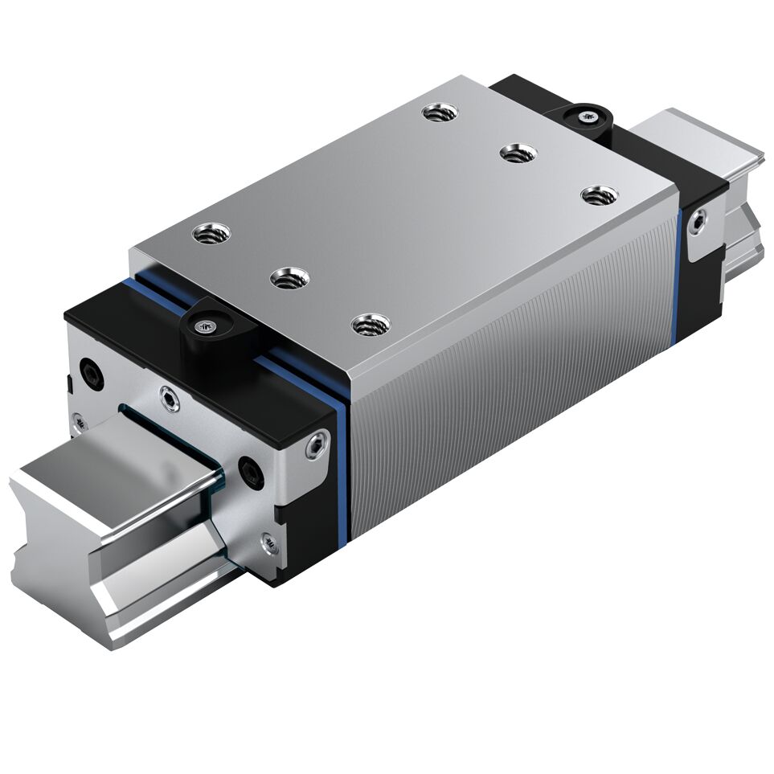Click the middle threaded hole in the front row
click(x=290, y=279)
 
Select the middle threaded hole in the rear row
click(x=517, y=152)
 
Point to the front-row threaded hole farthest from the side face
click(x=211, y=234)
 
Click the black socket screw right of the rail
click(x=249, y=473)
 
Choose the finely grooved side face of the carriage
click(x=514, y=362)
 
